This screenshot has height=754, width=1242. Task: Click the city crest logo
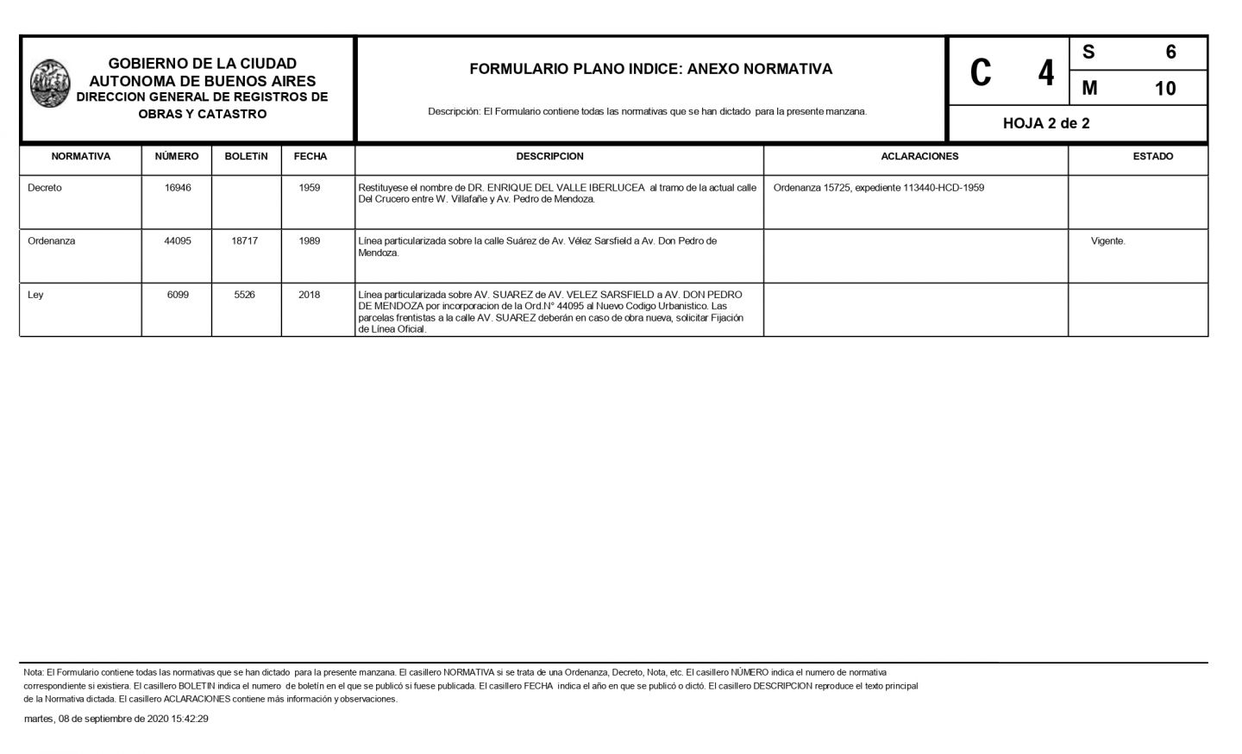(x=50, y=84)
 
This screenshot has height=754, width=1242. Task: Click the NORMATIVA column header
(x=80, y=157)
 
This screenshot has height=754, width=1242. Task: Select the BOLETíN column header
(x=246, y=157)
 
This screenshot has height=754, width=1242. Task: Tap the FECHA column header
(x=310, y=157)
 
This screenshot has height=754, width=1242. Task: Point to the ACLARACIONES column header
(x=919, y=157)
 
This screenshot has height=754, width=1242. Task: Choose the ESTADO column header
(x=1152, y=157)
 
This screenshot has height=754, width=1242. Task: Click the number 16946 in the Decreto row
(x=178, y=188)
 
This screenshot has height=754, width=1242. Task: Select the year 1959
(x=310, y=188)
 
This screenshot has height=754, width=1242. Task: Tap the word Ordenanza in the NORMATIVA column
(x=51, y=241)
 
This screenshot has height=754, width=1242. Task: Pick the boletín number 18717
(x=245, y=241)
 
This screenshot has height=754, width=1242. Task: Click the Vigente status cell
(x=1107, y=241)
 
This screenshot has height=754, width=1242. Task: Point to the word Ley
(x=35, y=295)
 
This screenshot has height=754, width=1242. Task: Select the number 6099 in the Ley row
(x=178, y=295)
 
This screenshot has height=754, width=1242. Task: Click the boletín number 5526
(x=245, y=295)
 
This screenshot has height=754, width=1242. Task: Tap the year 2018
(x=310, y=295)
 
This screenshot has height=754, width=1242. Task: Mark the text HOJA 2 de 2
(x=1045, y=123)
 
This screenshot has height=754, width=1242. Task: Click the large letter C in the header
(x=980, y=72)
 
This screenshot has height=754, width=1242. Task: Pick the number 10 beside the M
(x=1164, y=88)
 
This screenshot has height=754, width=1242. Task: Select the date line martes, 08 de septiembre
(x=116, y=719)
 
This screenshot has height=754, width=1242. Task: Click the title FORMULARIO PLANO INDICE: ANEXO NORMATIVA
(x=650, y=69)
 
